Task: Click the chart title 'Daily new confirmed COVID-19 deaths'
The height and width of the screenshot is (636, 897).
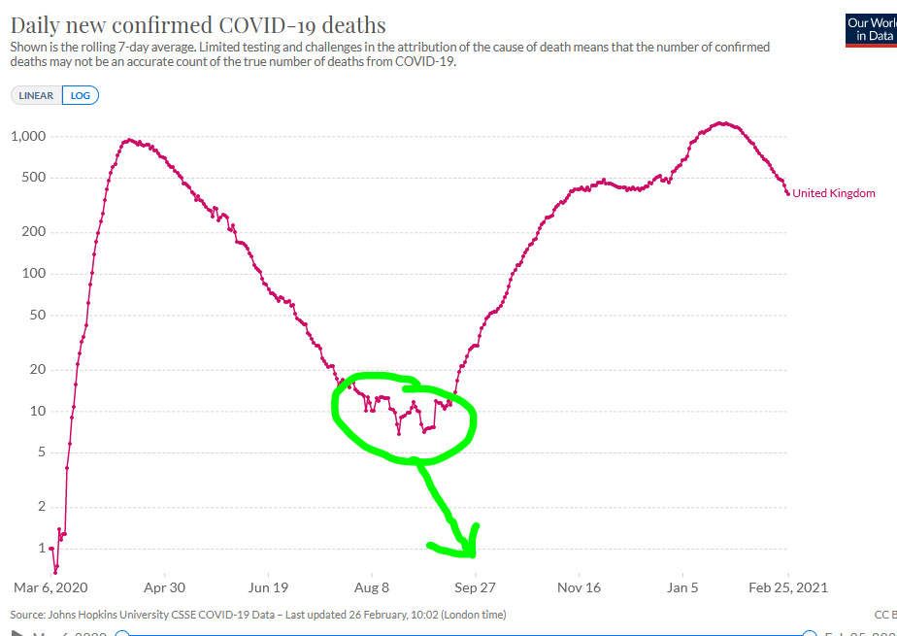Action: pyautogui.click(x=198, y=25)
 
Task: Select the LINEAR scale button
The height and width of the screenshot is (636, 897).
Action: pyautogui.click(x=37, y=95)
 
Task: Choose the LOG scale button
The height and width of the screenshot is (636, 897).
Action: pyautogui.click(x=81, y=95)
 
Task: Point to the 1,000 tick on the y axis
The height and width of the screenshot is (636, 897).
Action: pyautogui.click(x=28, y=136)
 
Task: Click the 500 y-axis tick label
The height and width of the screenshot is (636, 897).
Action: pyautogui.click(x=34, y=178)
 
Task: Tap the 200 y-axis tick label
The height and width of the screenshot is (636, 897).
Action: pyautogui.click(x=34, y=232)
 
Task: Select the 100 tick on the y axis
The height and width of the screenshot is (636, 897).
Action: pyautogui.click(x=34, y=273)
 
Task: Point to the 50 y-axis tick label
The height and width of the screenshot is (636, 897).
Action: pyautogui.click(x=38, y=315)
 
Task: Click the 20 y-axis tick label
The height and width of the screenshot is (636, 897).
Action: pyautogui.click(x=38, y=369)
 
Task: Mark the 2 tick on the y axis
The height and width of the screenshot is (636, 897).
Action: pyautogui.click(x=42, y=506)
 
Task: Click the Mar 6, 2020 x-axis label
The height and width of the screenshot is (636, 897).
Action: pyautogui.click(x=50, y=587)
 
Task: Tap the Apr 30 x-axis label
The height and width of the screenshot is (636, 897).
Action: pyautogui.click(x=164, y=587)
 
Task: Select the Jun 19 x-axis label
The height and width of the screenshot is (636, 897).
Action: pyautogui.click(x=268, y=587)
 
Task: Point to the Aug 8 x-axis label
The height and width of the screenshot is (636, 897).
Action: pyautogui.click(x=372, y=587)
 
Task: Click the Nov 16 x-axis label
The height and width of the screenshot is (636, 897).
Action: pyautogui.click(x=580, y=587)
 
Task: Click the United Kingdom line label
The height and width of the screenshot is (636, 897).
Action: pyautogui.click(x=834, y=193)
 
